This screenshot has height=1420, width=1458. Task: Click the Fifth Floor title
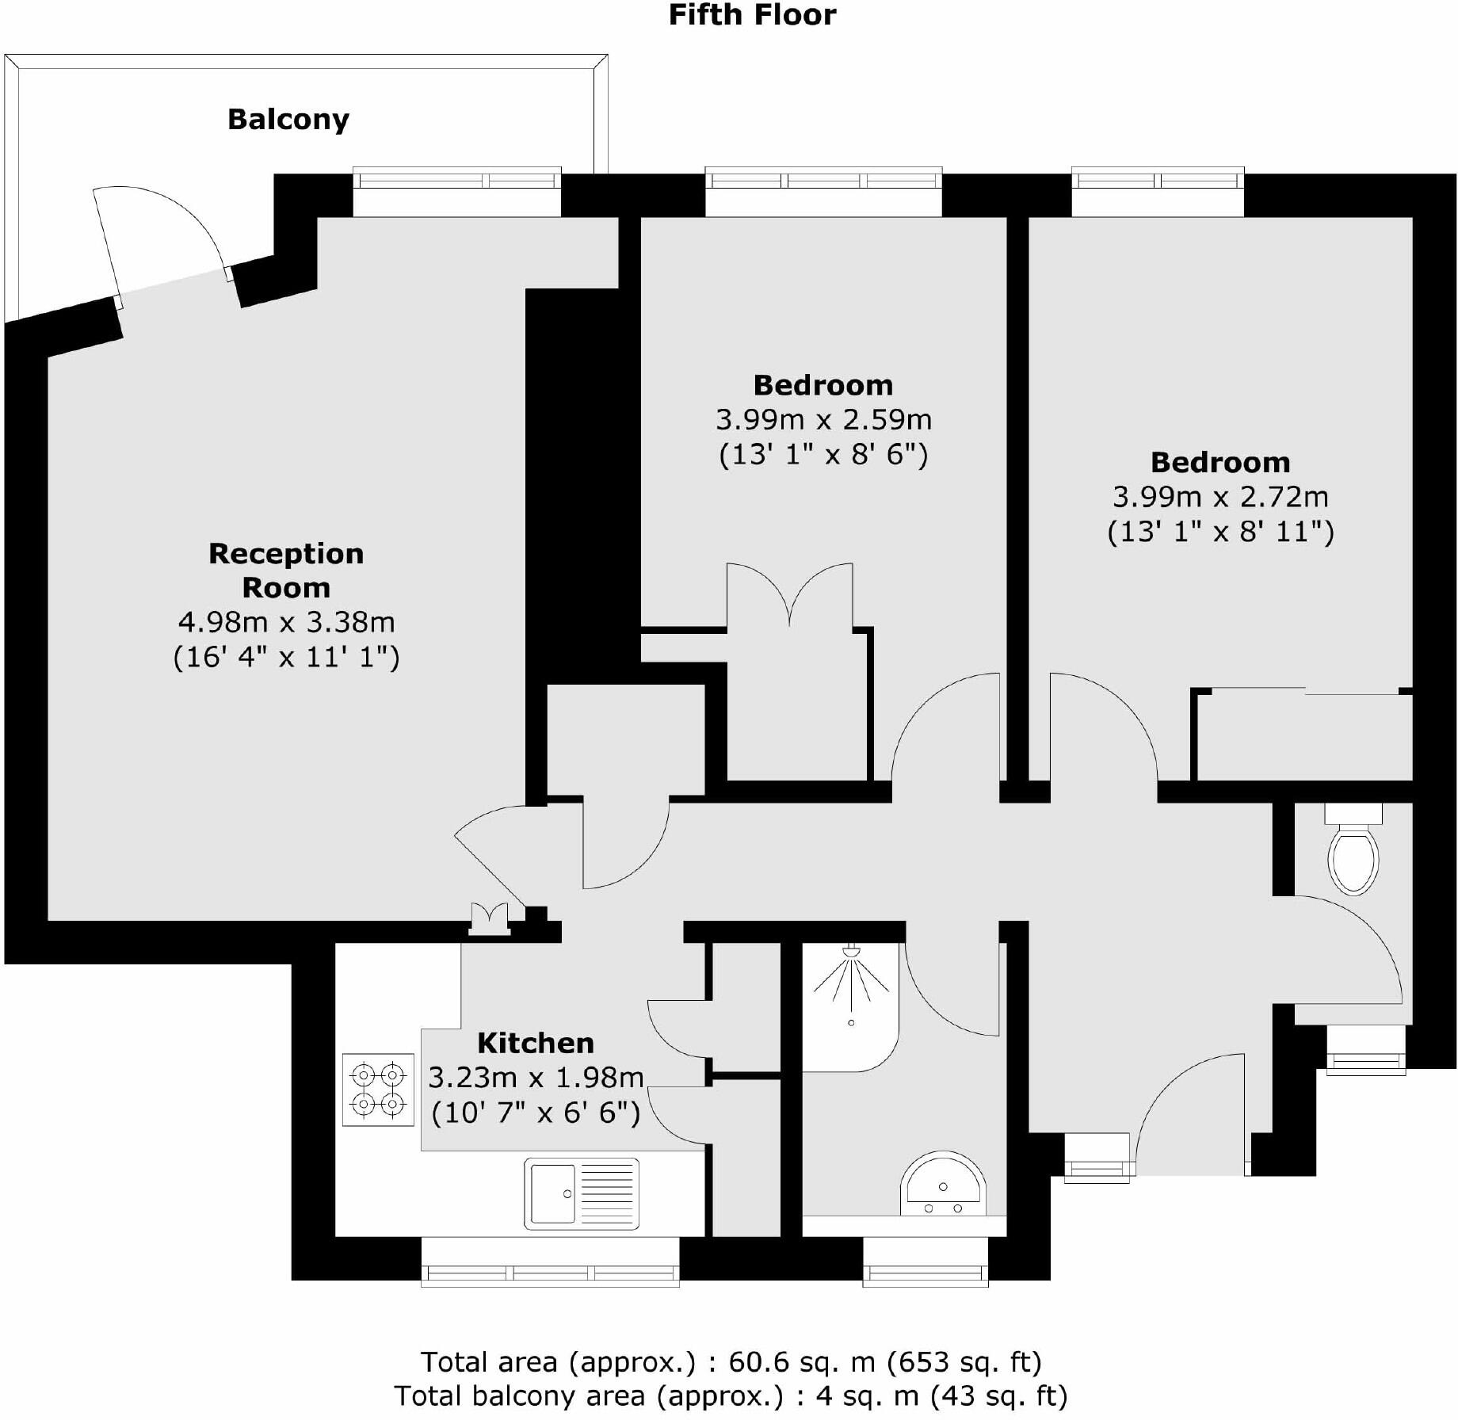pyautogui.click(x=752, y=15)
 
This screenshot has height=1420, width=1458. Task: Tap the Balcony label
pyautogui.click(x=288, y=120)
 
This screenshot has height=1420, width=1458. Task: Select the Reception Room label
pyautogui.click(x=286, y=570)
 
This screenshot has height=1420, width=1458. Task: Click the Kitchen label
pyautogui.click(x=536, y=1043)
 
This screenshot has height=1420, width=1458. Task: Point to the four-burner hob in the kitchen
pyautogui.click(x=378, y=1090)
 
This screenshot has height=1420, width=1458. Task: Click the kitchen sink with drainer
pyautogui.click(x=581, y=1193)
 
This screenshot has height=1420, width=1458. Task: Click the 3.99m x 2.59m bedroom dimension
pyautogui.click(x=823, y=419)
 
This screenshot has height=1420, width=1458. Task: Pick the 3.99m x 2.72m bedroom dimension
pyautogui.click(x=1220, y=497)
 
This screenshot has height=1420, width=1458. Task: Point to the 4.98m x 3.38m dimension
pyautogui.click(x=286, y=622)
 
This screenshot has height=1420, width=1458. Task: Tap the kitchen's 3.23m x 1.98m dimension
pyautogui.click(x=536, y=1078)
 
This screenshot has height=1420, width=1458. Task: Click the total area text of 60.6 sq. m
pyautogui.click(x=730, y=1361)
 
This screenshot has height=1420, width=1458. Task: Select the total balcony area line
pyautogui.click(x=730, y=1395)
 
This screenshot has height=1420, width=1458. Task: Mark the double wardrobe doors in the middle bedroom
pyautogui.click(x=790, y=594)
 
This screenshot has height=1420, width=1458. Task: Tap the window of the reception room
pyautogui.click(x=456, y=181)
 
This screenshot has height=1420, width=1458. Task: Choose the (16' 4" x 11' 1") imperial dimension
pyautogui.click(x=286, y=657)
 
